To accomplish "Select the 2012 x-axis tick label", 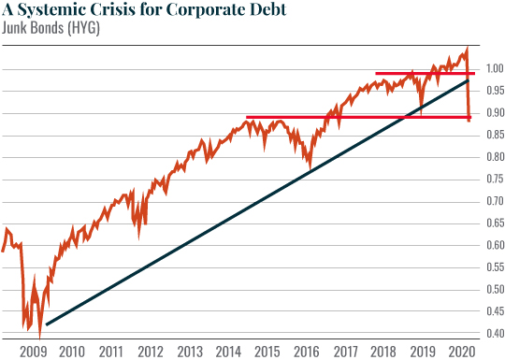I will [150, 353].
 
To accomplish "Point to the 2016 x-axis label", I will [306, 353].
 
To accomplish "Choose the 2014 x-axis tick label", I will [228, 353].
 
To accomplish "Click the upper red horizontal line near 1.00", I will [411, 73].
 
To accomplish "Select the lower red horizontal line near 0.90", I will [355, 118].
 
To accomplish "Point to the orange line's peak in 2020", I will [467, 49].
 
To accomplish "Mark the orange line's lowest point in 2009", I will [39, 337].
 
